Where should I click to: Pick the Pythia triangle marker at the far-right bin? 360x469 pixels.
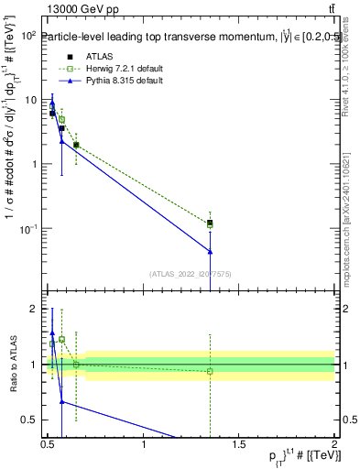(x=211, y=251)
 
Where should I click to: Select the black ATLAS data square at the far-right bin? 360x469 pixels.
(x=211, y=223)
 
